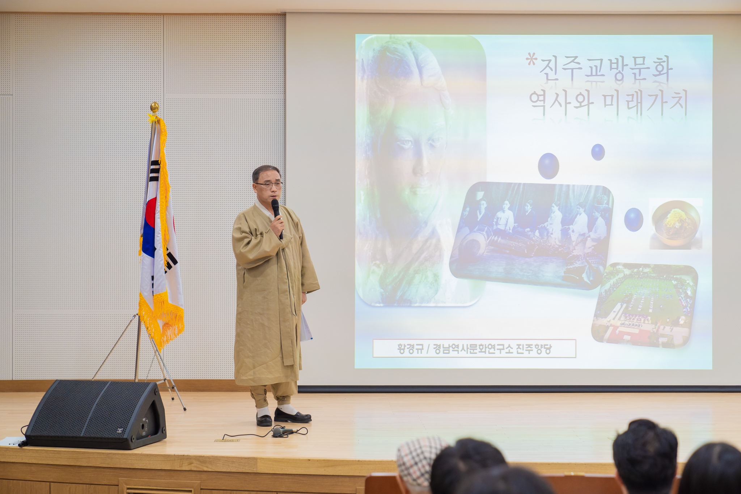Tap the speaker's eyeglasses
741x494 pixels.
(x=268, y=185)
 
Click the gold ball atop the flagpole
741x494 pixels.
(x=154, y=107)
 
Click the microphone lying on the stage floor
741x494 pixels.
(x=286, y=431)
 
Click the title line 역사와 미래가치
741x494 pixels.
(x=608, y=103)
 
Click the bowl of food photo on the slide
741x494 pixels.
(x=676, y=223)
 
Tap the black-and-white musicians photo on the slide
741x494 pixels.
(x=531, y=236)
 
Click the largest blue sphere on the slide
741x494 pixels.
(x=548, y=165)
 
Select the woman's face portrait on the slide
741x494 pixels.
(x=420, y=170)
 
